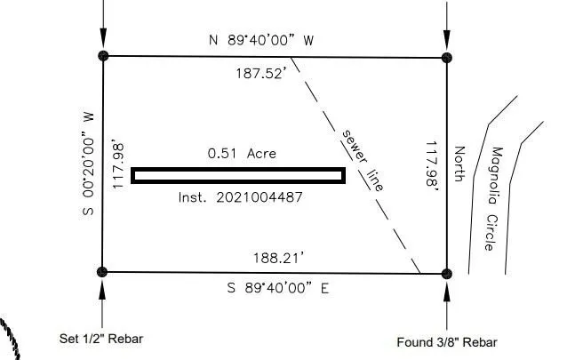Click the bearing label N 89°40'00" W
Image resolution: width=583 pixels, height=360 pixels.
pyautogui.click(x=261, y=40)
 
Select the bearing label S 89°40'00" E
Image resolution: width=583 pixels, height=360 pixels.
pyautogui.click(x=278, y=288)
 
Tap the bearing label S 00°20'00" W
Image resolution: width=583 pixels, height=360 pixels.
pyautogui.click(x=88, y=164)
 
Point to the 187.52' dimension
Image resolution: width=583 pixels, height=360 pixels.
pyautogui.click(x=261, y=73)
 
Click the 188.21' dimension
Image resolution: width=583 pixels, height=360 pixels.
pyautogui.click(x=278, y=258)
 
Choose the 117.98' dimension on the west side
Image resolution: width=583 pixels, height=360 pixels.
pyautogui.click(x=118, y=164)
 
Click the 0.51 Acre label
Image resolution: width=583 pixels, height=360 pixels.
pyautogui.click(x=242, y=153)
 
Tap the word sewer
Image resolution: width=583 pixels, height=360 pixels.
pyautogui.click(x=354, y=146)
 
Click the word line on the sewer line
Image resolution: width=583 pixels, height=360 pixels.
pyautogui.click(x=375, y=180)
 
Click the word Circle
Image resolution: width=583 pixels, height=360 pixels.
pyautogui.click(x=491, y=232)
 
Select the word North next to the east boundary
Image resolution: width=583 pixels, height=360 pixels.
pyautogui.click(x=460, y=164)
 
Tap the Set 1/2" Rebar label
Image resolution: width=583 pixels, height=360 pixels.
pyautogui.click(x=101, y=339)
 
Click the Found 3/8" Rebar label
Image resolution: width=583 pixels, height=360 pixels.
pyautogui.click(x=447, y=342)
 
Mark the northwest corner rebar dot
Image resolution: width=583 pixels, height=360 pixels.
pyautogui.click(x=103, y=56)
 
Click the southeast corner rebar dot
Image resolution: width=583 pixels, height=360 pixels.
pyautogui.click(x=447, y=274)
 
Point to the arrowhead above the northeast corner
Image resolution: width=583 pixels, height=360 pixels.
pyautogui.click(x=447, y=39)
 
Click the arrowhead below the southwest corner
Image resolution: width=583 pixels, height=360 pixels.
pyautogui.click(x=102, y=291)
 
